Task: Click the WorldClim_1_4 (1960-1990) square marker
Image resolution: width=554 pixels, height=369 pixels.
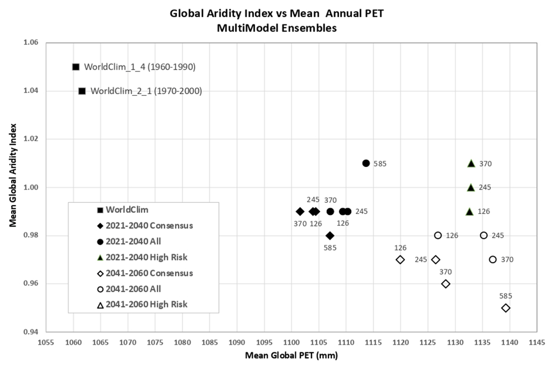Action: click(x=75, y=67)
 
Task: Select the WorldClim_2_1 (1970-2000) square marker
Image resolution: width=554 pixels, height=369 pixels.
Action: click(x=82, y=91)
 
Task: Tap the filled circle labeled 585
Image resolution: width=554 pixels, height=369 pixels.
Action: click(x=366, y=163)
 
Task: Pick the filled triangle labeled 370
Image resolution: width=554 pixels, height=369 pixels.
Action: click(x=471, y=163)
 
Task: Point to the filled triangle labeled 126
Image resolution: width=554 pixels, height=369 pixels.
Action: click(x=470, y=211)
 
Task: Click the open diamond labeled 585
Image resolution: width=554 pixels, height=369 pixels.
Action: click(x=506, y=308)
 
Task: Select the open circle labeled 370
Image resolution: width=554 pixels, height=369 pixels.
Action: click(x=493, y=259)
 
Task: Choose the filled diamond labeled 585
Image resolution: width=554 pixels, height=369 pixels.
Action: click(x=330, y=235)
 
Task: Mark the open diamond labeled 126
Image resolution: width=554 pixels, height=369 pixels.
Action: click(x=400, y=260)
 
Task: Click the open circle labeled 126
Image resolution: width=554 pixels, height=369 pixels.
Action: click(x=438, y=235)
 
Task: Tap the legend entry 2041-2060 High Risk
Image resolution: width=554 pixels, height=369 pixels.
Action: click(x=142, y=304)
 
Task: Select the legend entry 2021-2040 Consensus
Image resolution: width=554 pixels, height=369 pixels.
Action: click(x=145, y=225)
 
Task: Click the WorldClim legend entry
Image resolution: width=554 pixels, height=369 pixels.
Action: click(x=122, y=209)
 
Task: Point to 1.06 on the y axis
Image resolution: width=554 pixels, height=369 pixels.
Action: click(x=30, y=43)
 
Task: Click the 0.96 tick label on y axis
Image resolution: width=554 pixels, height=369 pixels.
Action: click(x=30, y=284)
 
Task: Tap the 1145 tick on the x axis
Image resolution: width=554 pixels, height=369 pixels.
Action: click(x=537, y=342)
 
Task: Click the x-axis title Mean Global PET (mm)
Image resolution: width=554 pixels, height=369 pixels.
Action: click(x=291, y=355)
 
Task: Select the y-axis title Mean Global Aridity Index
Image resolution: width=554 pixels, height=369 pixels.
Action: click(x=13, y=175)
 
